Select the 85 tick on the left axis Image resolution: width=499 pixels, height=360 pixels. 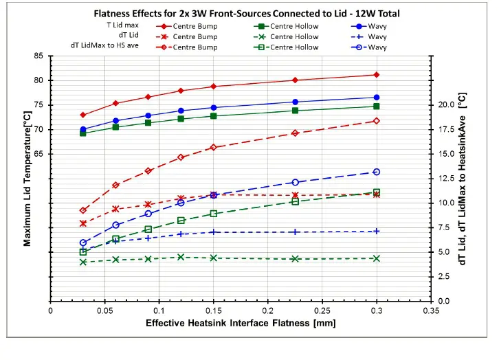(x=38, y=56)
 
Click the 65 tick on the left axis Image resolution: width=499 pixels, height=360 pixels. (x=38, y=154)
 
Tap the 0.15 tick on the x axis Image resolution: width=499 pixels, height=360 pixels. (x=213, y=310)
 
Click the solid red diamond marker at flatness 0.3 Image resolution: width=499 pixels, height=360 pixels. (x=376, y=75)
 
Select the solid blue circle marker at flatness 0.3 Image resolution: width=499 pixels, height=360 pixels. (x=376, y=98)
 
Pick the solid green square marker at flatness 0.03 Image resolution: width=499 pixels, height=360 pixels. (x=83, y=133)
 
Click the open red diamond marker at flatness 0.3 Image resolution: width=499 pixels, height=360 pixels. (x=376, y=121)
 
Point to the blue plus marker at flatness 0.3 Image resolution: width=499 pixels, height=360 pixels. (x=376, y=232)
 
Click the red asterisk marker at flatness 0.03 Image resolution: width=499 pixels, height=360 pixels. (x=83, y=223)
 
